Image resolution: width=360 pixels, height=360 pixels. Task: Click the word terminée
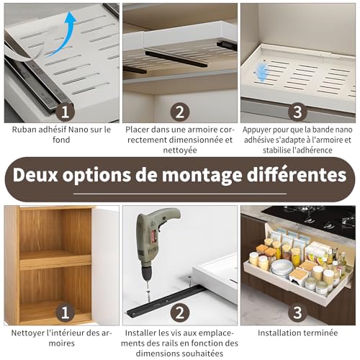319,333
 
